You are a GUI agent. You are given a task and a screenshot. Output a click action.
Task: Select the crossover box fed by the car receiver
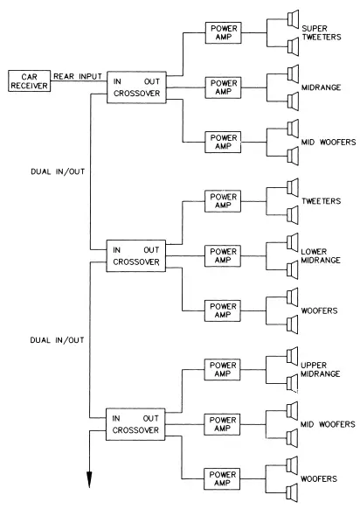135,87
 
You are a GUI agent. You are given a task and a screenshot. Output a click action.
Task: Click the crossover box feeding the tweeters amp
135,255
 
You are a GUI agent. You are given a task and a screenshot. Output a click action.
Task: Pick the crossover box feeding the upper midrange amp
135,424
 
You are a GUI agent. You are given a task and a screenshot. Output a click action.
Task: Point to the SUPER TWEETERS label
321,32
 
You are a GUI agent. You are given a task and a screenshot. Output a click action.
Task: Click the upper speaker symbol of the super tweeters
292,17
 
